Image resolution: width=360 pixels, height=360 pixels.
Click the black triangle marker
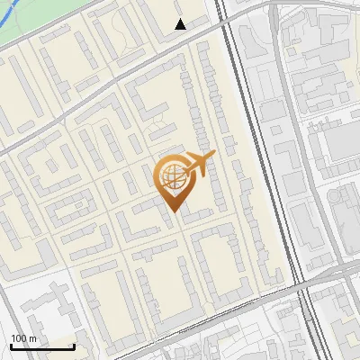180,24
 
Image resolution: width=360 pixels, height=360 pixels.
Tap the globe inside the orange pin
171,177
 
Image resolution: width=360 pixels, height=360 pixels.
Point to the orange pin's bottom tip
171,211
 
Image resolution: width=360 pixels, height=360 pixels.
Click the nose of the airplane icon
213,157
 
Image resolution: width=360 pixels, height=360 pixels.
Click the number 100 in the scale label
20,338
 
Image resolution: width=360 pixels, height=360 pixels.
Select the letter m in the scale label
33,338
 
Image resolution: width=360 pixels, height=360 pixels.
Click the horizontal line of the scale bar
42,347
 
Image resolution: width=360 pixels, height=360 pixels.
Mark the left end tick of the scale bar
11,346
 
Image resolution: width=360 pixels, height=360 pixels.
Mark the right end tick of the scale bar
74,346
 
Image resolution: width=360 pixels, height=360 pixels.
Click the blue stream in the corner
18,36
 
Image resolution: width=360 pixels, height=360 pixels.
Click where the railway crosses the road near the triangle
225,22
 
